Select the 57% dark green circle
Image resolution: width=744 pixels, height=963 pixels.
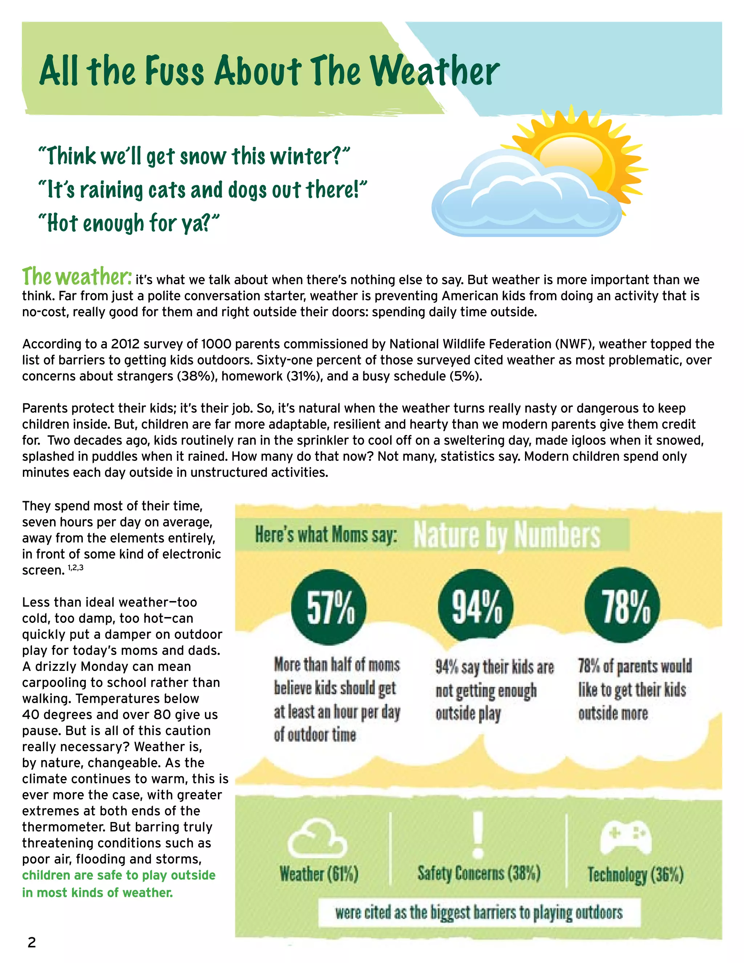329,607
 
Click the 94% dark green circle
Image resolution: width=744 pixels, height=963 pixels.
476,605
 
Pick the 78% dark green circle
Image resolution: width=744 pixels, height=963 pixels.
622,605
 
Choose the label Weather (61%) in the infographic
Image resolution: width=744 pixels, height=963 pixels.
319,874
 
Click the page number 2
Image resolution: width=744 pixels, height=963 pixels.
32,942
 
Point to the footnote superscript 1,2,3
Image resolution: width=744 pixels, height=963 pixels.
75,568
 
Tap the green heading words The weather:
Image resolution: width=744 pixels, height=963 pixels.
77,277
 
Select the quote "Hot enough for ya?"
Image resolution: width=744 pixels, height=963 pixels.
129,223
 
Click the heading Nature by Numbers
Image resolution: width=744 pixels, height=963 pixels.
507,535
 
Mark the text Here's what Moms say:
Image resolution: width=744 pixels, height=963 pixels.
326,535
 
